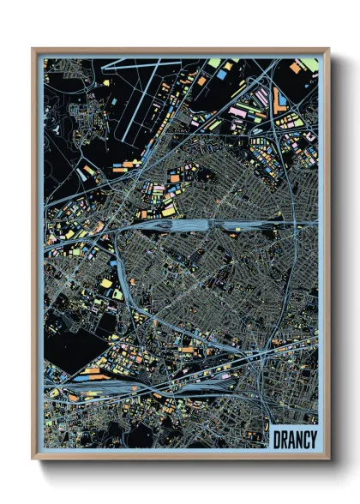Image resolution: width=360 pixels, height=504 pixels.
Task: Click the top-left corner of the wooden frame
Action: [33, 49]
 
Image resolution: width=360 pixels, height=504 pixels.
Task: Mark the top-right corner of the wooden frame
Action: [328, 49]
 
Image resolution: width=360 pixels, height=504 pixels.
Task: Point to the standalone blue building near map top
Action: [221, 75]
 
